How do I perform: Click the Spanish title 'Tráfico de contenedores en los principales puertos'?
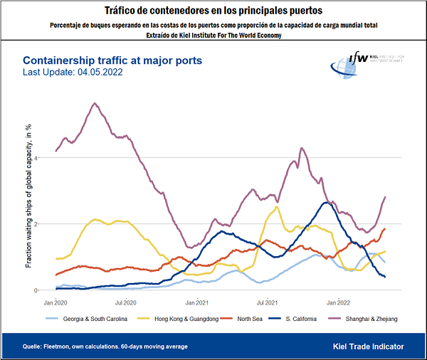pyautogui.click(x=213, y=11)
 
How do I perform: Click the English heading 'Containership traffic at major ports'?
pyautogui.click(x=112, y=61)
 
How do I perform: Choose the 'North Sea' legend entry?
pyautogui.click(x=248, y=319)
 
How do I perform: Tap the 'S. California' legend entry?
pyautogui.click(x=304, y=319)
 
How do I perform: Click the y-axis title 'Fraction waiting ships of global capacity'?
pyautogui.click(x=29, y=195)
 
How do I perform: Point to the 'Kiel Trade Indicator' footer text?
pyautogui.click(x=368, y=346)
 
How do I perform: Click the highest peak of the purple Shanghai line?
pyautogui.click(x=95, y=103)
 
